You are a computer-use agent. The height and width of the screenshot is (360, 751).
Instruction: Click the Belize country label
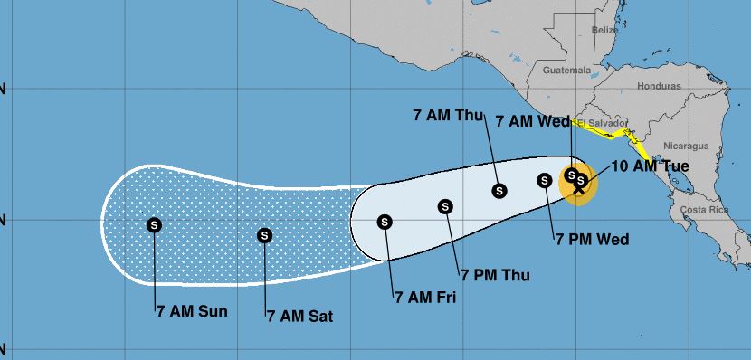tap(604, 30)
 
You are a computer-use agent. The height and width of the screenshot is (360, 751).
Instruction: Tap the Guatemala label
tap(566, 70)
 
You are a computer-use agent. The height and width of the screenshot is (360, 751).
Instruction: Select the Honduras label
tap(658, 86)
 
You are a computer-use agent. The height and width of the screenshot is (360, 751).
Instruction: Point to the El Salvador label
tap(601, 123)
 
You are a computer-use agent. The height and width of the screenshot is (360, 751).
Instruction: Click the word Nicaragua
tap(686, 146)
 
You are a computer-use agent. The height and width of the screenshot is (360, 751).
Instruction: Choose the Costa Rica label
tap(705, 210)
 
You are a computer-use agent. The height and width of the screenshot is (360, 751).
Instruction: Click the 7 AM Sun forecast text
tap(191, 311)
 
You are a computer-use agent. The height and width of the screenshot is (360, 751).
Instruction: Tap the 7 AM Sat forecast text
tap(299, 316)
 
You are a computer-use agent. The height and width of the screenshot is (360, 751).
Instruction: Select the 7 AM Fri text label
tap(424, 295)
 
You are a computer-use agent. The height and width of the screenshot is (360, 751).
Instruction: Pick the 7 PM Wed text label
tap(592, 240)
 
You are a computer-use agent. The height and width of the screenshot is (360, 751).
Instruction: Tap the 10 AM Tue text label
tap(650, 166)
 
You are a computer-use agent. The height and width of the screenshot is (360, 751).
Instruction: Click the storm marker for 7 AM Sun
tap(154, 224)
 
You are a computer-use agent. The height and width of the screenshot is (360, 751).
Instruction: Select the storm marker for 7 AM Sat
tap(264, 235)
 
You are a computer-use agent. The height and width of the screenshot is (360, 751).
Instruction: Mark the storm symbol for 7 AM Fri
tap(385, 222)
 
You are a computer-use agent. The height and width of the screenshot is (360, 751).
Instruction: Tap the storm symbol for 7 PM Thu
tap(445, 206)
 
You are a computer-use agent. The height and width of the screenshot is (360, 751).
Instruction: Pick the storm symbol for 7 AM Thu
tap(499, 190)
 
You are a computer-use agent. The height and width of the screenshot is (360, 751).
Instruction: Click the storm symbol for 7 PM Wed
tap(545, 179)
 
